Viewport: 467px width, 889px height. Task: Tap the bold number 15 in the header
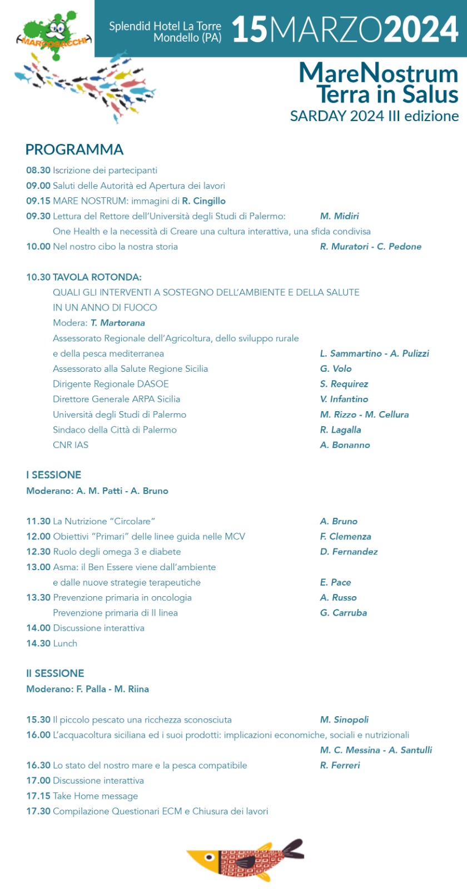[250, 29]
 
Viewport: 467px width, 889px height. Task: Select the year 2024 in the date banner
[421, 29]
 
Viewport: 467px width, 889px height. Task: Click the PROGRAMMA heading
[74, 149]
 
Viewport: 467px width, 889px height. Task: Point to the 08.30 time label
[38, 170]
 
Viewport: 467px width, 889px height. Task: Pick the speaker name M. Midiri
[339, 216]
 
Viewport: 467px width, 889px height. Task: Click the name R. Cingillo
[203, 201]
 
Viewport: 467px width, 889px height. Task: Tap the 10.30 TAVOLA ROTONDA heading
[84, 277]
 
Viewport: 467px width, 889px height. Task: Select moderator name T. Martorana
[118, 323]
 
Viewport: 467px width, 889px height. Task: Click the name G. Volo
[336, 368]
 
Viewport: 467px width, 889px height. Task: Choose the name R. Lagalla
[340, 429]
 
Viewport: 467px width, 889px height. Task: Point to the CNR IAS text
[71, 445]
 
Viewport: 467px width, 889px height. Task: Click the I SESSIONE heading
[53, 475]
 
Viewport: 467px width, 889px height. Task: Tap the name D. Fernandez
[349, 552]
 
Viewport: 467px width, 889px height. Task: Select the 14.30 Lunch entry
[52, 643]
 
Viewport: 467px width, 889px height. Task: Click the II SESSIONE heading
[55, 673]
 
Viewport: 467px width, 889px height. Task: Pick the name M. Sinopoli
[344, 720]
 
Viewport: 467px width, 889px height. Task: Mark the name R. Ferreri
[340, 765]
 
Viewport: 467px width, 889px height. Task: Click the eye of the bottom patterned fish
[209, 857]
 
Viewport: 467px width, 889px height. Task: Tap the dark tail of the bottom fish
[292, 850]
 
